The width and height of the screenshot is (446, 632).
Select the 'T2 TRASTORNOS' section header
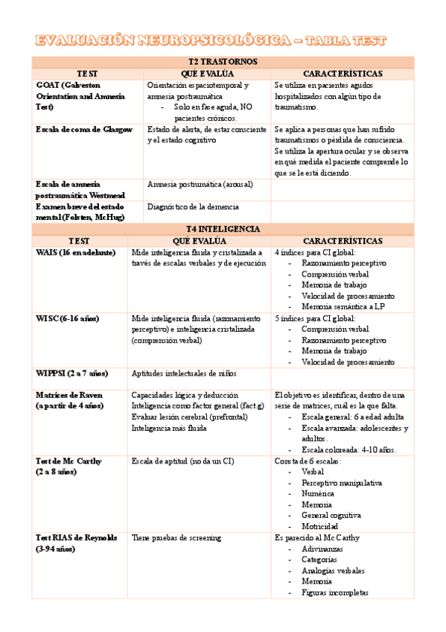(223, 62)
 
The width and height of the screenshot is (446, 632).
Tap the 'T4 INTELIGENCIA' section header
(223, 229)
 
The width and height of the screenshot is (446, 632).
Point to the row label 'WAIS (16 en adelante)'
(75, 253)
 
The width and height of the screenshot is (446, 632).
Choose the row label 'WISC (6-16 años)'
(68, 318)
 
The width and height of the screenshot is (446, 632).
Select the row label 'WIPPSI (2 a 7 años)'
(72, 373)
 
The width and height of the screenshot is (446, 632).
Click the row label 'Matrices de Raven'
(69, 394)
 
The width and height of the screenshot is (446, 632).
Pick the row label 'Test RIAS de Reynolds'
(76, 537)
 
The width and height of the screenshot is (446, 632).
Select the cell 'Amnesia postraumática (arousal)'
(200, 184)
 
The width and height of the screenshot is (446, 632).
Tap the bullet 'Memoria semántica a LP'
(343, 306)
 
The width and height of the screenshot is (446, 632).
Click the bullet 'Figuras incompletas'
(334, 592)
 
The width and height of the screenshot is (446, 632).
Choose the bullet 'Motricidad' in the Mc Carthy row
(322, 526)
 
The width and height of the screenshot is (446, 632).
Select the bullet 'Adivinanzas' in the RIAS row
(323, 549)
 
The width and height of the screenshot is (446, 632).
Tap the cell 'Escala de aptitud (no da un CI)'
(182, 461)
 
